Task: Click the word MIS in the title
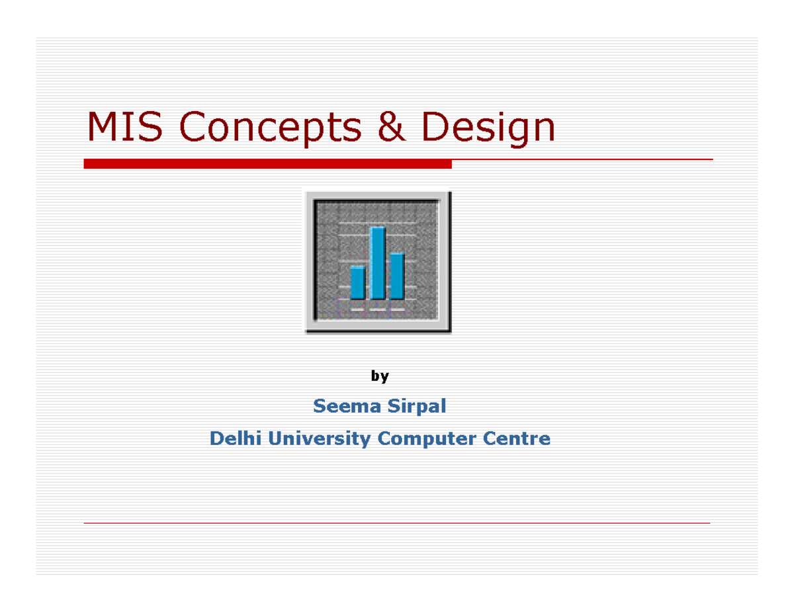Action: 125,127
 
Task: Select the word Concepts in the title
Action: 271,128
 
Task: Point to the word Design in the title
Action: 488,128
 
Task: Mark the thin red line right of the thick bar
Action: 582,160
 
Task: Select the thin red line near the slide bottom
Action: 397,523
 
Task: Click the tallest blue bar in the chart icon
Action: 378,263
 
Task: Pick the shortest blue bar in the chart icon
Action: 358,282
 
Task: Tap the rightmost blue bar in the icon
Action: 397,276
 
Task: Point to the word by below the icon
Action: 380,376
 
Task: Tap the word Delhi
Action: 231,438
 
